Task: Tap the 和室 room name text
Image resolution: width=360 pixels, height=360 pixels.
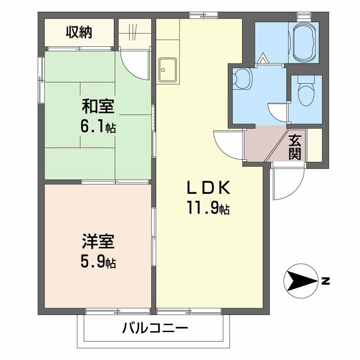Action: (x=98, y=107)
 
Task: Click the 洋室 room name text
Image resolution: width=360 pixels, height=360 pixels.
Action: (x=98, y=242)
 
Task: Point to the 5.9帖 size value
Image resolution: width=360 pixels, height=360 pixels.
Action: (x=98, y=262)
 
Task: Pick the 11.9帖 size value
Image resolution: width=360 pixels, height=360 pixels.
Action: (x=208, y=208)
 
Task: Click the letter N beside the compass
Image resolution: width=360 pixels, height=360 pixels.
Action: (x=325, y=282)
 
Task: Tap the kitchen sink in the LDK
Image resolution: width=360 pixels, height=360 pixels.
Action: (x=167, y=70)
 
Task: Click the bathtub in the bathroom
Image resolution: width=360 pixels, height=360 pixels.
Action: (x=306, y=42)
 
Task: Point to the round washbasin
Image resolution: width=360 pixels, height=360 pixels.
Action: (x=243, y=79)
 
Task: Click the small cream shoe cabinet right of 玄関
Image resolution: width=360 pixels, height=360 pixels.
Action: (x=315, y=145)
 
